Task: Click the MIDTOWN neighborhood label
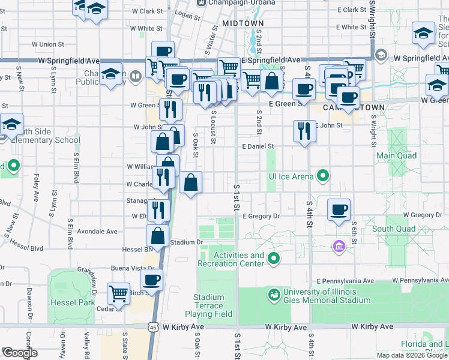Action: (243, 23)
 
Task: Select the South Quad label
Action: (394, 229)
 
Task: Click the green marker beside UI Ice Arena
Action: (323, 176)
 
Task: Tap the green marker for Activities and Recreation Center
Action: (274, 259)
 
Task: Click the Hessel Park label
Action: (72, 302)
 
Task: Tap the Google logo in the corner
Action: (19, 353)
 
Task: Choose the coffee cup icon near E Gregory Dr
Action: (339, 210)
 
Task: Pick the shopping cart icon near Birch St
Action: (119, 293)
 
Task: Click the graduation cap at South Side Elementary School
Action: (11, 124)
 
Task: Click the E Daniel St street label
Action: (258, 146)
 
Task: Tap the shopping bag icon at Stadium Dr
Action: (157, 235)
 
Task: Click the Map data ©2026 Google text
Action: (411, 355)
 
